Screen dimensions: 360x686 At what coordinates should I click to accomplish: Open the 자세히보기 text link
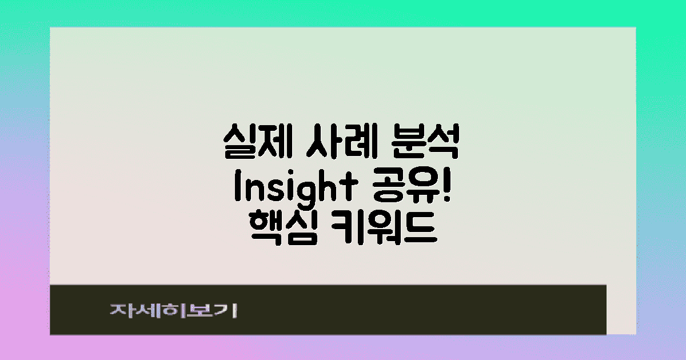click(174, 310)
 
